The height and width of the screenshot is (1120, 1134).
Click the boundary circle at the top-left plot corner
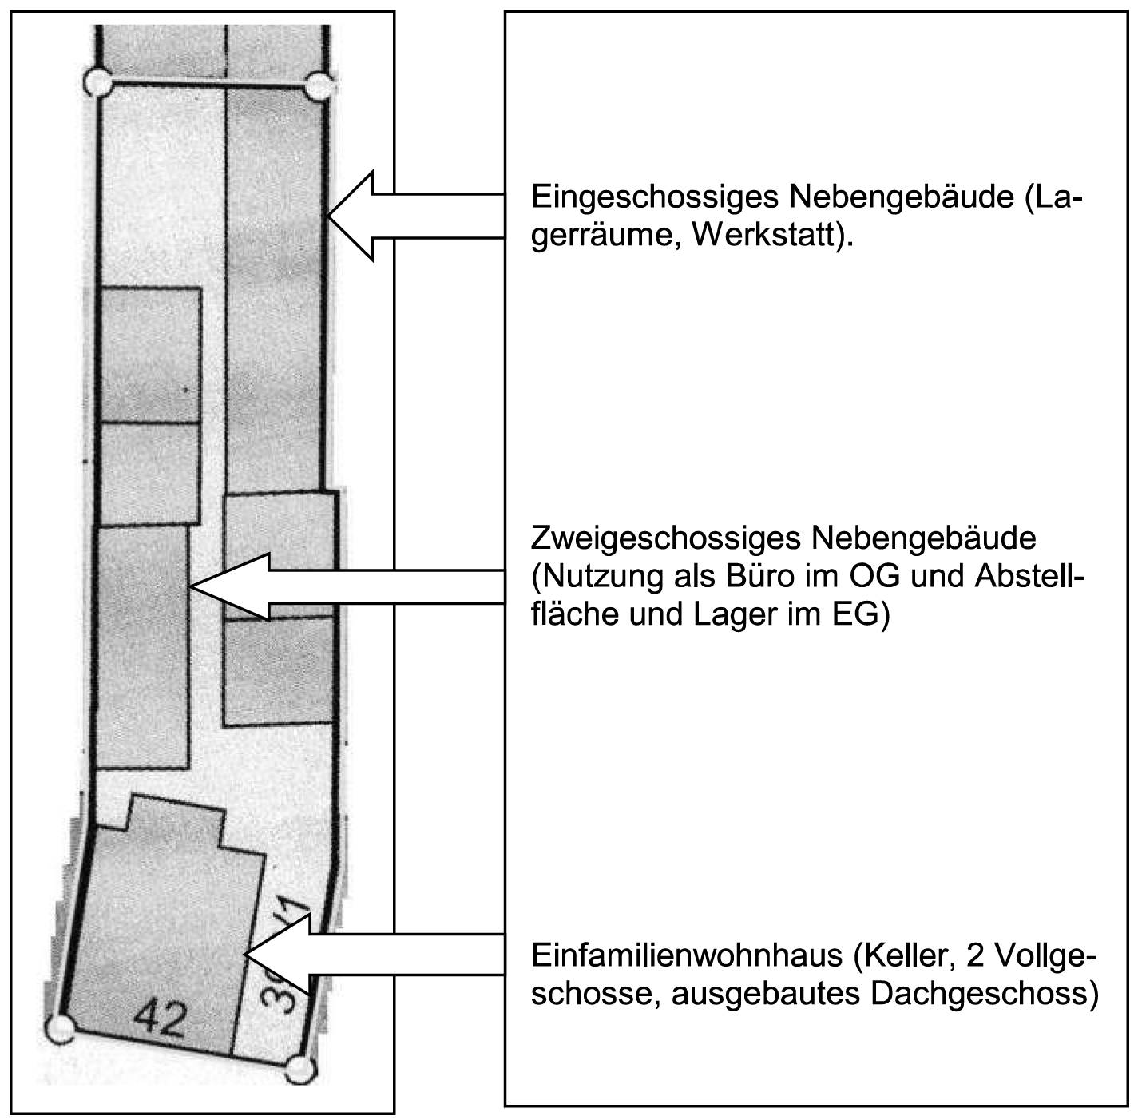tap(98, 81)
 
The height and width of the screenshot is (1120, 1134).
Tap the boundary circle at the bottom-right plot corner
tap(299, 1069)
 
